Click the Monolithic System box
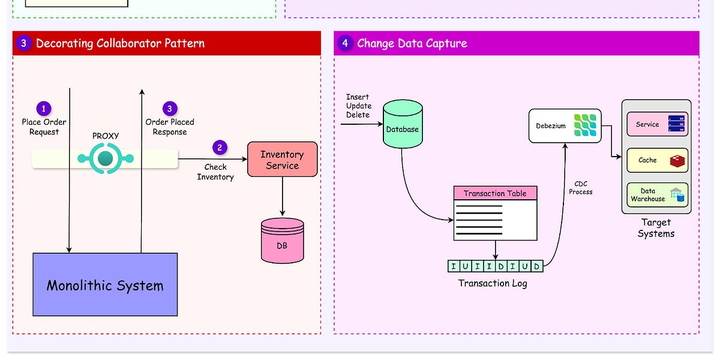(x=105, y=285)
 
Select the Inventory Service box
(x=282, y=160)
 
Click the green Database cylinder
(x=402, y=126)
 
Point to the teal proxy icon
(x=105, y=159)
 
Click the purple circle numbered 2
(x=220, y=148)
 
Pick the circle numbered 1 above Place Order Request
(x=44, y=109)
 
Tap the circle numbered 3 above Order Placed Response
(x=170, y=109)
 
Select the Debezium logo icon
(x=584, y=126)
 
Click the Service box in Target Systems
(x=657, y=125)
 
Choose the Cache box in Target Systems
(x=657, y=160)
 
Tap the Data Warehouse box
(x=657, y=195)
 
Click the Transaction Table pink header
(x=495, y=193)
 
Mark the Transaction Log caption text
(x=493, y=283)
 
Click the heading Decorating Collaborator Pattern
(x=120, y=43)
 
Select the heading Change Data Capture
(x=412, y=43)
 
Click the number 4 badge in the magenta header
(x=344, y=43)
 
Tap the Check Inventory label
(x=215, y=172)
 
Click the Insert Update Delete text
(x=358, y=106)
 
